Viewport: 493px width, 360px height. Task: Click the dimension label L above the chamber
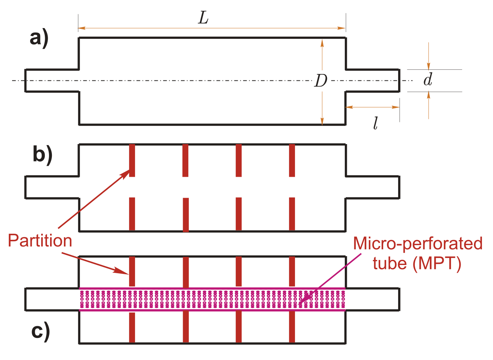203,18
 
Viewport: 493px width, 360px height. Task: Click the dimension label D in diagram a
321,81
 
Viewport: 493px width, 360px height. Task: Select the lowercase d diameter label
428,80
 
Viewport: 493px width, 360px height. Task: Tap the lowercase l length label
375,123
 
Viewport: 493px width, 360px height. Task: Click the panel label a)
39,38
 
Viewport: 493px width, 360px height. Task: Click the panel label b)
42,155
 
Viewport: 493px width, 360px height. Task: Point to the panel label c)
41,331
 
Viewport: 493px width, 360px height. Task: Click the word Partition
40,241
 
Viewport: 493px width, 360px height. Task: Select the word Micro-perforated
418,244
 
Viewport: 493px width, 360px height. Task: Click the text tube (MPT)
417,264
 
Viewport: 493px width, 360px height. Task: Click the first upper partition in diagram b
132,160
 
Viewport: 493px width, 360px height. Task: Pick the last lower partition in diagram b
292,214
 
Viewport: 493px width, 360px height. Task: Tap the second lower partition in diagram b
186,215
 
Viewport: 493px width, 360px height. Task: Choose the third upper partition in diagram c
239,271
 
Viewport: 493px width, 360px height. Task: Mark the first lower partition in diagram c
132,327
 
